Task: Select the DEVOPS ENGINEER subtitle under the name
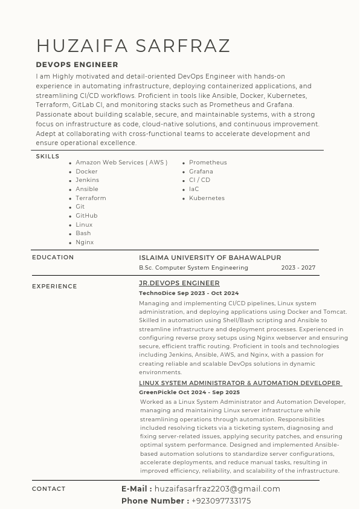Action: [77, 65]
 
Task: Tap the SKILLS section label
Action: [48, 157]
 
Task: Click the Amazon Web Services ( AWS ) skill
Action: [121, 163]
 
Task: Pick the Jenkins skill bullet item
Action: [87, 180]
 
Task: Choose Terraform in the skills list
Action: [91, 198]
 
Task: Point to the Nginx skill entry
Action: [85, 242]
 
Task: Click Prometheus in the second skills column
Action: [208, 163]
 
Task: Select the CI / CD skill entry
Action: [199, 180]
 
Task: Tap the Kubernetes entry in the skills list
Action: [207, 198]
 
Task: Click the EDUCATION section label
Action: [53, 258]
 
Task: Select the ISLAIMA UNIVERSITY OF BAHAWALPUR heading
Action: [210, 258]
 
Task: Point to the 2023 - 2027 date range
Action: [298, 268]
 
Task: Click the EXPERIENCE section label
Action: [54, 287]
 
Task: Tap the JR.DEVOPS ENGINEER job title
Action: [179, 283]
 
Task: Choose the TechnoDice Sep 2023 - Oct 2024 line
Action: [188, 293]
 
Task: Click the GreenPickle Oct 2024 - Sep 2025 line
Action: [189, 392]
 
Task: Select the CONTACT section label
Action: [48, 489]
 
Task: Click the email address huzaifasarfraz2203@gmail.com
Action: [217, 489]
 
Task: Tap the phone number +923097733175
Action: [221, 501]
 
